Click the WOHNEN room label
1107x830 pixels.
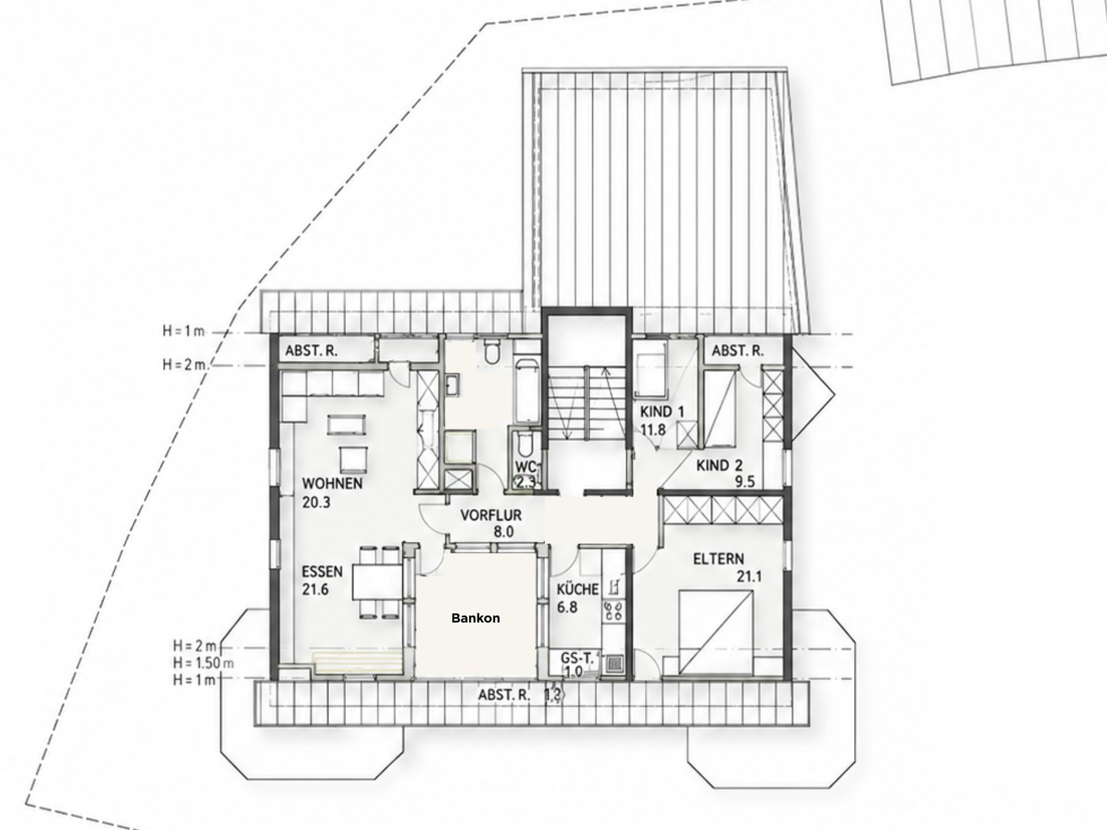coord(332,484)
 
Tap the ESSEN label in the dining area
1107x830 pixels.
coord(322,572)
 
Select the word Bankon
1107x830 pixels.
coord(476,618)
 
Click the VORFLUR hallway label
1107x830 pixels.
coord(490,516)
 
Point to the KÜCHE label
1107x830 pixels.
coord(577,589)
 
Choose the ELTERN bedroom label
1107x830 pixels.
coord(718,559)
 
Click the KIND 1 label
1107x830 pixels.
coord(662,412)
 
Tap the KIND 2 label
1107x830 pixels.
coord(720,465)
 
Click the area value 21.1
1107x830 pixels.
coord(749,576)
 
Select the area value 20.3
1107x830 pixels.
coord(316,503)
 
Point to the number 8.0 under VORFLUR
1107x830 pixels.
coord(504,532)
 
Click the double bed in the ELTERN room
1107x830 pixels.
coord(716,633)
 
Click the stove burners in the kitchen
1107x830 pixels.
coord(613,611)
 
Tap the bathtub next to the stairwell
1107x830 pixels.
coord(527,391)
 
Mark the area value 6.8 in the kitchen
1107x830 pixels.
coord(567,607)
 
